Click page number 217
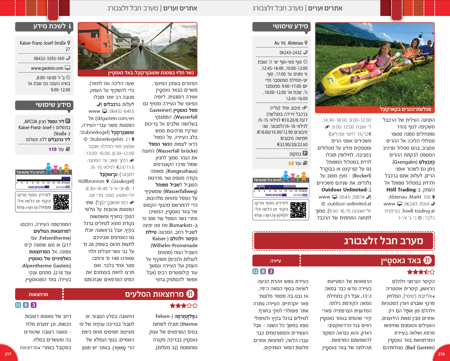click(8, 354)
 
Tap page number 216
click(441, 354)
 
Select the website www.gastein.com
click(47, 68)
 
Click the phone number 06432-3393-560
click(49, 58)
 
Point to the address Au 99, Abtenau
click(288, 43)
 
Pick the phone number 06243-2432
click(290, 53)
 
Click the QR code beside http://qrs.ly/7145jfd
click(61, 202)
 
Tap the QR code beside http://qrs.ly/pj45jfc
click(298, 210)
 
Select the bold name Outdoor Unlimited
click(344, 190)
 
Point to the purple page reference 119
click(52, 149)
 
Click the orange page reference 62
click(291, 163)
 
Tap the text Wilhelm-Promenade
click(175, 246)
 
